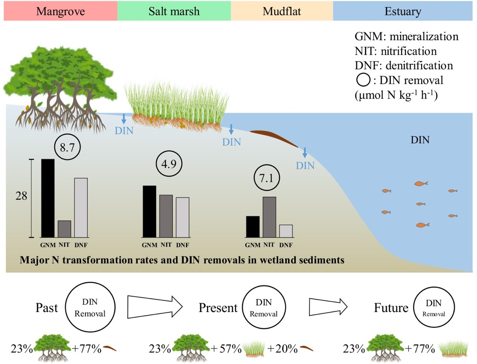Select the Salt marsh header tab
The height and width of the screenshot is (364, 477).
click(x=174, y=10)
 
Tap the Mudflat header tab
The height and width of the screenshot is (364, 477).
click(x=281, y=10)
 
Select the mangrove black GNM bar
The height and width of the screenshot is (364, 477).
click(x=48, y=198)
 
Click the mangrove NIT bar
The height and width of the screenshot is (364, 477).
click(x=64, y=229)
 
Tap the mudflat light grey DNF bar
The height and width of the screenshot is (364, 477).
click(x=286, y=231)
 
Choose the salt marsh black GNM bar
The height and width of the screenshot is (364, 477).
click(x=149, y=211)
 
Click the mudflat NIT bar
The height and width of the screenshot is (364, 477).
click(x=269, y=217)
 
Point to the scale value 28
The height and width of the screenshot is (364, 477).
click(x=21, y=196)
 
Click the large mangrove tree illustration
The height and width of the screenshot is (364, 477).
click(x=59, y=91)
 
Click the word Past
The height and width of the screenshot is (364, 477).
click(x=47, y=308)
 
